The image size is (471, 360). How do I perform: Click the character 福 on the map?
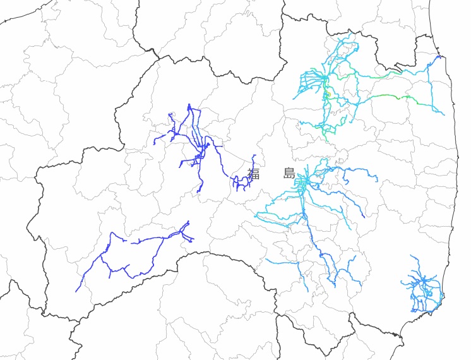pos(254,174)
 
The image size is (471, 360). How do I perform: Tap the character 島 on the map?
pos(289,174)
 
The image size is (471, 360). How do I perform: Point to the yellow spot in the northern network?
pos(328,95)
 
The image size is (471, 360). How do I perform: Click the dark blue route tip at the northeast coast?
pos(439,57)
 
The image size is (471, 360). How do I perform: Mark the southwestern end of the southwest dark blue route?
pos(76,291)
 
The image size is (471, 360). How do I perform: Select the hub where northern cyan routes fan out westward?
pos(325,78)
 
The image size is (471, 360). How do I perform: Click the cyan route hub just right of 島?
pos(304,182)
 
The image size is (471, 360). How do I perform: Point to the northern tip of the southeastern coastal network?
pos(411,256)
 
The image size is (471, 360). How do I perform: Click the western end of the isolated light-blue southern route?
pos(266,260)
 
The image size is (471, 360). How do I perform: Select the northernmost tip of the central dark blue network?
pos(189,105)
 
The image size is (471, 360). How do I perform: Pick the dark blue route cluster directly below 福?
pos(239,184)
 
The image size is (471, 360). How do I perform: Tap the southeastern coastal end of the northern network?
pos(444,115)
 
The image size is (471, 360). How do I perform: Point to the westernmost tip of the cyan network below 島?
pos(255,215)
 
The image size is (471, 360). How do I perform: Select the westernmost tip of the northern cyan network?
pos(294,99)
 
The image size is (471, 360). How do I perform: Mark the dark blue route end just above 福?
pos(254,155)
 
